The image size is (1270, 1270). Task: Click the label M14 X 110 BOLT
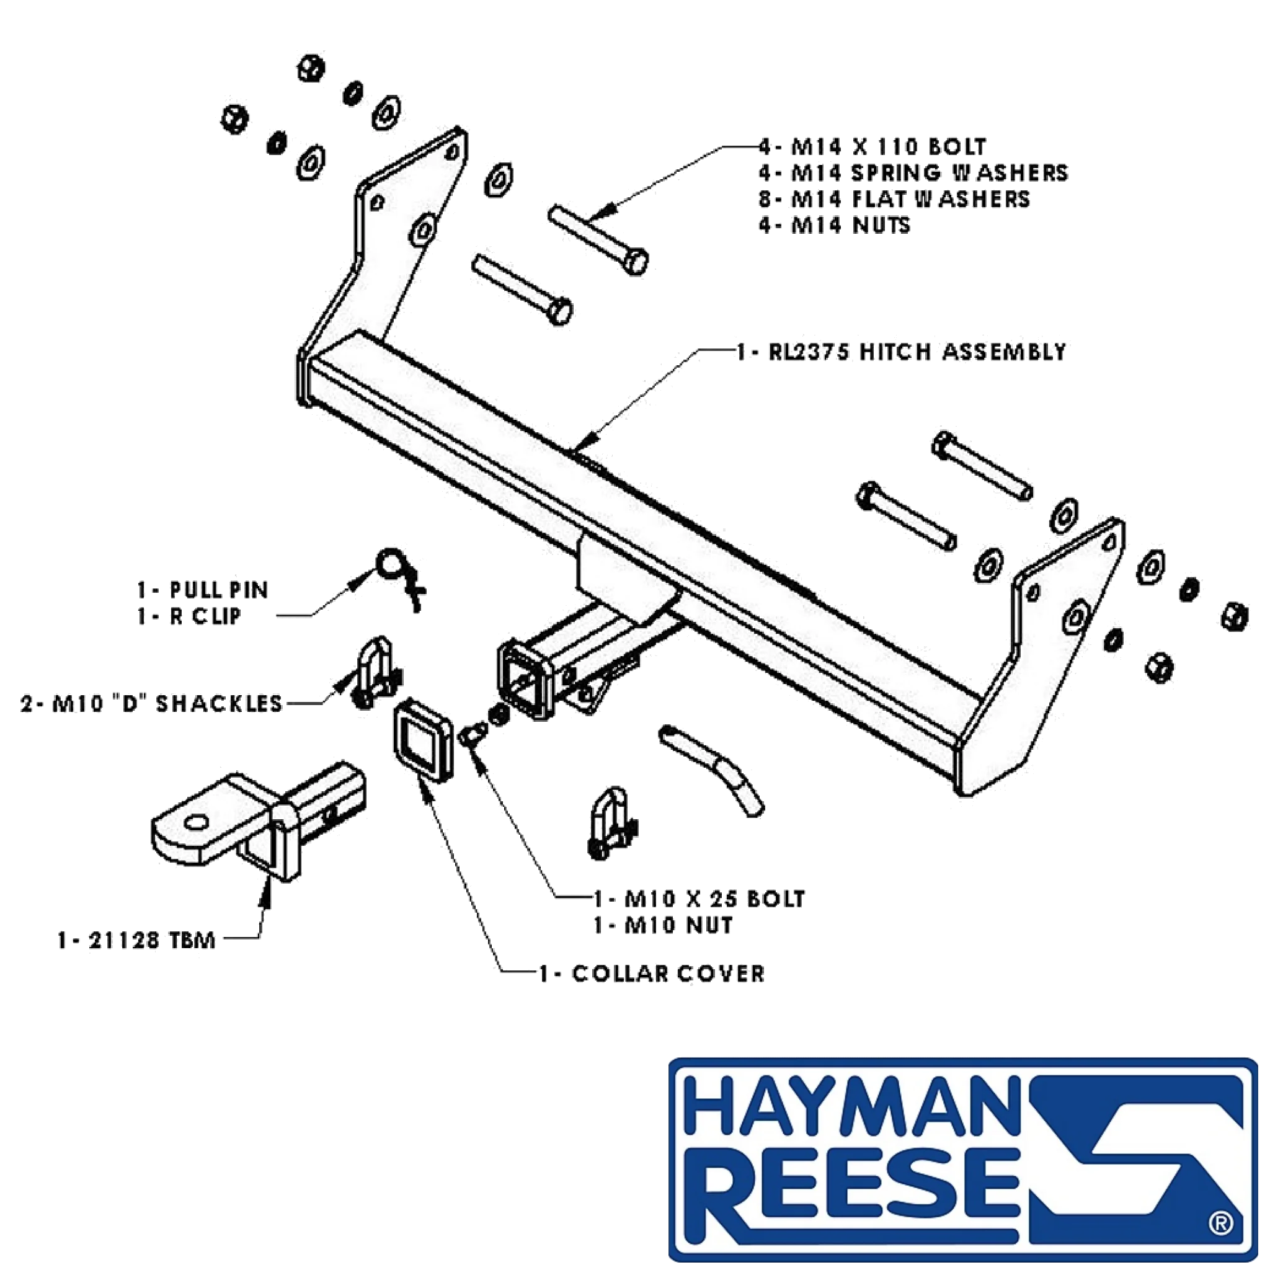pos(873,146)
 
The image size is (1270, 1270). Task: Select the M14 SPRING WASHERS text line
pos(913,172)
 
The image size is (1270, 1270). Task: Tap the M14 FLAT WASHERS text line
pos(894,198)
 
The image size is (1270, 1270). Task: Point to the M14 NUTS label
pos(835,225)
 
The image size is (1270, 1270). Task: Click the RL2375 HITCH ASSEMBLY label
pos(900,352)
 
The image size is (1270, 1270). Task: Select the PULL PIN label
pos(202,590)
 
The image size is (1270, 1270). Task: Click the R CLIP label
pos(189,616)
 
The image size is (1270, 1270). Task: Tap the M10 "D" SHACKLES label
pos(151,704)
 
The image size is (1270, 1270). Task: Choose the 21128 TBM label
pos(136,941)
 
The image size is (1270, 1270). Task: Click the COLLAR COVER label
pos(652,974)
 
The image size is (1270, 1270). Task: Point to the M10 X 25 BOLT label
pos(699,899)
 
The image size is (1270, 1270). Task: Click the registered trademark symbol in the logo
pos(1220,1223)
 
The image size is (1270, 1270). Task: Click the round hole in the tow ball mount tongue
pos(197,822)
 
